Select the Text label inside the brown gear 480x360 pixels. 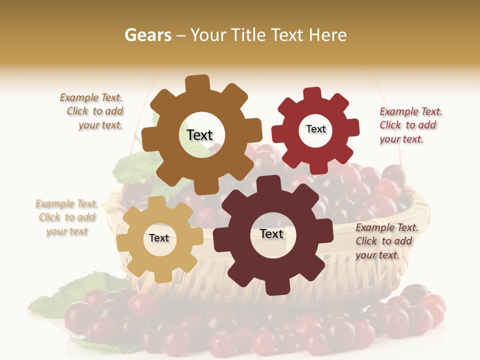pyautogui.click(x=199, y=135)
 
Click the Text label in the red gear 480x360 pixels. pyautogui.click(x=315, y=129)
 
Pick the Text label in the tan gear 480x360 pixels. pyautogui.click(x=159, y=238)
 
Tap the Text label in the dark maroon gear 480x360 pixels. pyautogui.click(x=271, y=233)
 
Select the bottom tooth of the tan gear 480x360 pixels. pyautogui.click(x=160, y=275)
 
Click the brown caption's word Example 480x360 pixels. pyautogui.click(x=79, y=98)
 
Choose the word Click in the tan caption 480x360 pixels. pyautogui.click(x=49, y=217)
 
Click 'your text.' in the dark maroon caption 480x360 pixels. pyautogui.click(x=377, y=255)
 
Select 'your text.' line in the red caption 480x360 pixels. pyautogui.click(x=401, y=139)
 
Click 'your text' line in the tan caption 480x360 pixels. pyautogui.click(x=66, y=231)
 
